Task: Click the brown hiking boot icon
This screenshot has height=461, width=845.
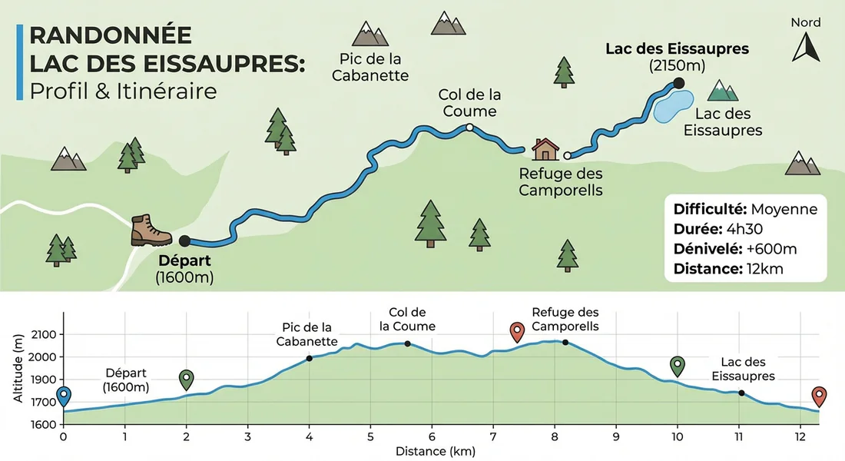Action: click(151, 230)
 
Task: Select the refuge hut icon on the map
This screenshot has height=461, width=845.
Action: click(545, 148)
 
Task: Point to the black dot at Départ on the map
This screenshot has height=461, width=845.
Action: click(184, 240)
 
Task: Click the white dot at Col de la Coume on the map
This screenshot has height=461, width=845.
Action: click(469, 128)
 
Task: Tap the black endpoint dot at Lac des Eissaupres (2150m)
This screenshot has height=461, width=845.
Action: click(678, 83)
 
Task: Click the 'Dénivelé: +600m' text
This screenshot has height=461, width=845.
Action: click(734, 249)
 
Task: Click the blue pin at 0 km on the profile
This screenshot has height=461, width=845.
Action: click(64, 396)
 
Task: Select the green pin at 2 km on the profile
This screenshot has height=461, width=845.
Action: click(186, 379)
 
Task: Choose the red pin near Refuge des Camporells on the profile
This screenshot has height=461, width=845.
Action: click(518, 332)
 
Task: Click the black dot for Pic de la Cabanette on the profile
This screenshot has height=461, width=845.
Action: click(309, 358)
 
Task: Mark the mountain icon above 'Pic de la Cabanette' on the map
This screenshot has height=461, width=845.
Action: click(371, 34)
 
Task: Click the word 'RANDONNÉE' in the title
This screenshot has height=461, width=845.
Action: click(110, 35)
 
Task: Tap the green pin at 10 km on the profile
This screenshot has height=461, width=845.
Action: click(677, 365)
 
